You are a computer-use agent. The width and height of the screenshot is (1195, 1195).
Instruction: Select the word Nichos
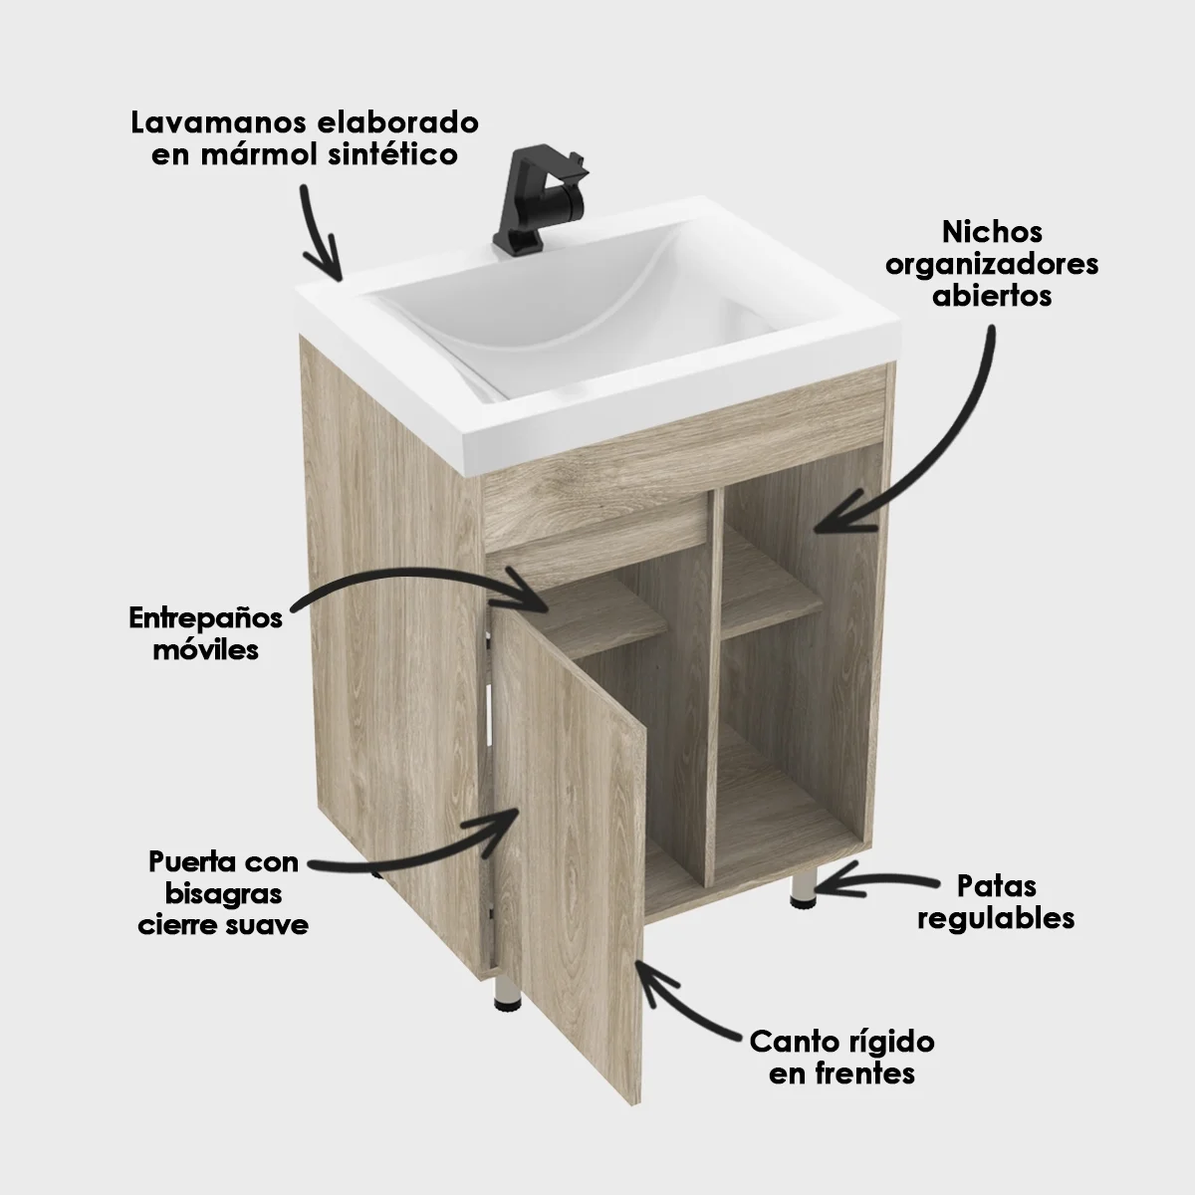point(992,232)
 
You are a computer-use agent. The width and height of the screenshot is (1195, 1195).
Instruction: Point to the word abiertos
point(992,296)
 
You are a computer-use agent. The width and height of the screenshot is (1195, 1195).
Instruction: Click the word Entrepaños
point(206,618)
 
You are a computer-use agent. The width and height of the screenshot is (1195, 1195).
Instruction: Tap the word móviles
point(206,650)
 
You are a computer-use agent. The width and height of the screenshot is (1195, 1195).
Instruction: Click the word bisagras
point(223,892)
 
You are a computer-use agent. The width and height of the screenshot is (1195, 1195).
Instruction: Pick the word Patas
point(996,885)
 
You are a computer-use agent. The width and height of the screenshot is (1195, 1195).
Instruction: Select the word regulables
point(996,917)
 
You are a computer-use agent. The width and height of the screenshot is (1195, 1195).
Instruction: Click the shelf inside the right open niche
point(772,618)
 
